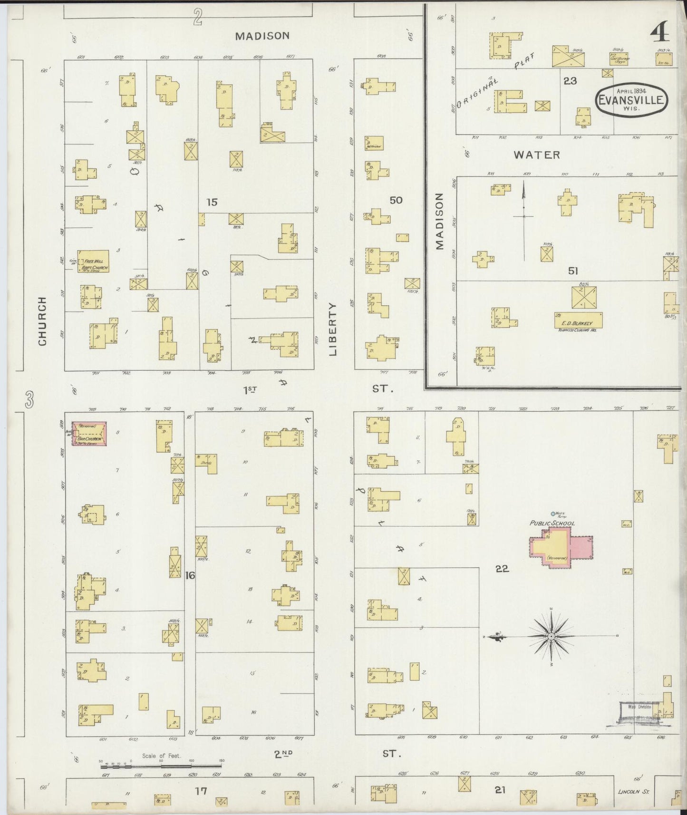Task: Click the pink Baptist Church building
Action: pos(89,434)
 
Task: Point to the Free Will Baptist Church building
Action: pos(94,261)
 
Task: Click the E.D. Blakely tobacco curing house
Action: pos(578,320)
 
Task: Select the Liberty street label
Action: pos(333,329)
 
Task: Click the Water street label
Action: pos(537,155)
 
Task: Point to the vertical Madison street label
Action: pos(439,221)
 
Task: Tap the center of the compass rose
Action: pos(551,636)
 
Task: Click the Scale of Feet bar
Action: pos(162,762)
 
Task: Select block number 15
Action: pos(212,202)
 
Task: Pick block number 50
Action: pos(396,200)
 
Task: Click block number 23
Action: pos(570,81)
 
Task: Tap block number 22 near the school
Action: pos(503,568)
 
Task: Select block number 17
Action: pos(201,791)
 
